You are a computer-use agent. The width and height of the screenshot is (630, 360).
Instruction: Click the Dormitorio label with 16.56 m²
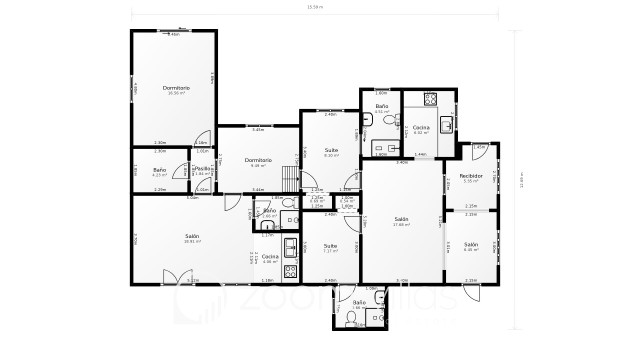coord(176,89)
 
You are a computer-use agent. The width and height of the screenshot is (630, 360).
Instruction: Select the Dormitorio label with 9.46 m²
coord(258,160)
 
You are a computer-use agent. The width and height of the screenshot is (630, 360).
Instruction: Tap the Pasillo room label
coord(203,169)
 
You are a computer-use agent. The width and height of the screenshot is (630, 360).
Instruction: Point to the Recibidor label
coord(471,176)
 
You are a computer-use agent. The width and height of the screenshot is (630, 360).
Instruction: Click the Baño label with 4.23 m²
coord(159,170)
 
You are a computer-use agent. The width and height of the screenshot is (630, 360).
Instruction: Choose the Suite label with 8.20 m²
coord(330,151)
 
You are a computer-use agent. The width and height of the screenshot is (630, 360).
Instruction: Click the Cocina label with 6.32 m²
coord(421,128)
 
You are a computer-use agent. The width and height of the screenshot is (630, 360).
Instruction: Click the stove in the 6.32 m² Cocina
coord(430,98)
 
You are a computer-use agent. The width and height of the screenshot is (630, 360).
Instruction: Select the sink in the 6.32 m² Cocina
coord(447,123)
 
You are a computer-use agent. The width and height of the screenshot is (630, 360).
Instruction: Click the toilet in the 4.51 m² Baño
coord(368,121)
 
